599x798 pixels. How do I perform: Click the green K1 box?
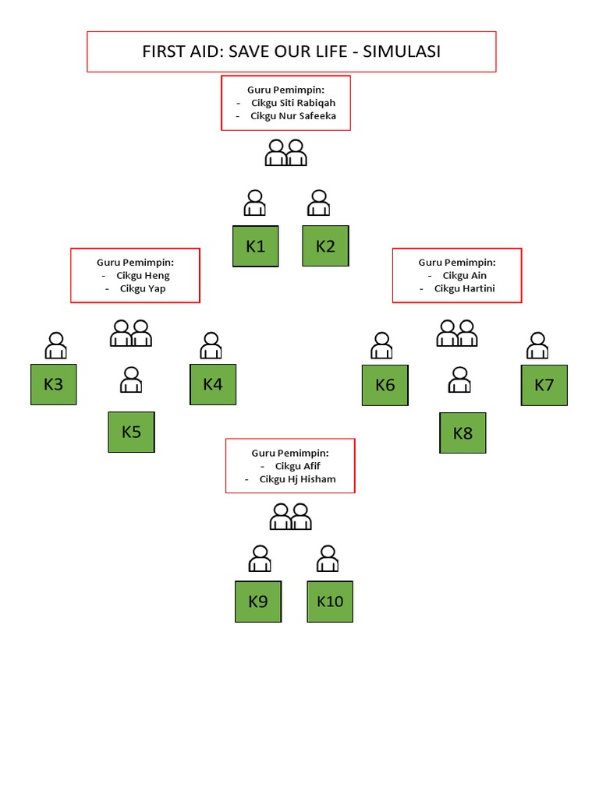256,246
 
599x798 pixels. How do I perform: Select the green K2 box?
325,246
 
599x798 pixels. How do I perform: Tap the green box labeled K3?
54,384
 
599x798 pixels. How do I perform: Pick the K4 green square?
213,384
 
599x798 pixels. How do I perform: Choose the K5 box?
131,432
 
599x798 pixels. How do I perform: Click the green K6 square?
385,385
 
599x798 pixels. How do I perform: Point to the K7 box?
544,385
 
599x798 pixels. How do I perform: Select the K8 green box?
463,433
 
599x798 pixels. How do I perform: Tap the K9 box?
258,602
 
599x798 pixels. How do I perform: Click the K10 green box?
330,602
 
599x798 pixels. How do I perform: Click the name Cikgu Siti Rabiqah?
293,103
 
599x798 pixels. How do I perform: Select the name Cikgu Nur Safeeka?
293,116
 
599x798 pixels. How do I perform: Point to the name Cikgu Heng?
143,275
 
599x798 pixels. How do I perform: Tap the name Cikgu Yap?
143,288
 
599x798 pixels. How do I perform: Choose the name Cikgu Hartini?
465,288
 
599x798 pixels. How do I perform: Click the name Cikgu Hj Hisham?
297,479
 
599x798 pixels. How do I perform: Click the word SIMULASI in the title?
402,51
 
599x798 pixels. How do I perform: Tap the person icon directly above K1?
254,203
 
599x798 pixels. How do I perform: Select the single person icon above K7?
537,345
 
